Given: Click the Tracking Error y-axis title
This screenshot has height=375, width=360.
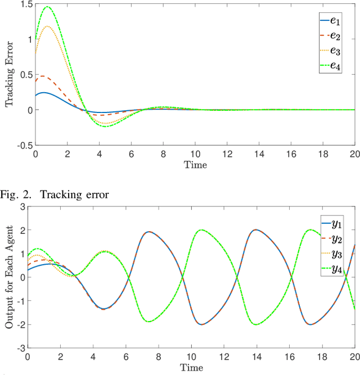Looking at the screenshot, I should point(8,75).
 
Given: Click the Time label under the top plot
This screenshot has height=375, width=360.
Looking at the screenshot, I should point(195,165).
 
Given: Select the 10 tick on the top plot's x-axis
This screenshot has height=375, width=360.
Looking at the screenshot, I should point(195,154).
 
